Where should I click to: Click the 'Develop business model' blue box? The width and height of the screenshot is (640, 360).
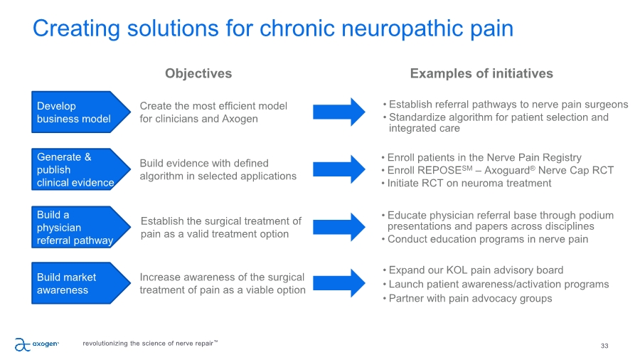78,112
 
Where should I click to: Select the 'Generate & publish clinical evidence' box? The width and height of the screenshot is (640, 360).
78,170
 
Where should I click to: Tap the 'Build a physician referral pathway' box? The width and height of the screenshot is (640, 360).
78,227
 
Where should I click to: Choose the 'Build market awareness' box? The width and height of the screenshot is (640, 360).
78,283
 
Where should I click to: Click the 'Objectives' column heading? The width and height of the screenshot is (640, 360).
198,73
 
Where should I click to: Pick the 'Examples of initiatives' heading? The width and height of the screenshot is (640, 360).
481,73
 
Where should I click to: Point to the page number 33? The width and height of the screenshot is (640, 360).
604,346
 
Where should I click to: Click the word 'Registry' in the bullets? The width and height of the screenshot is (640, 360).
560,157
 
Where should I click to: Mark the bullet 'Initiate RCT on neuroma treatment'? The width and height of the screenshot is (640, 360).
469,184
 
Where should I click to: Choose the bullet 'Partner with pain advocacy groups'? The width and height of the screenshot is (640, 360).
470,299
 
